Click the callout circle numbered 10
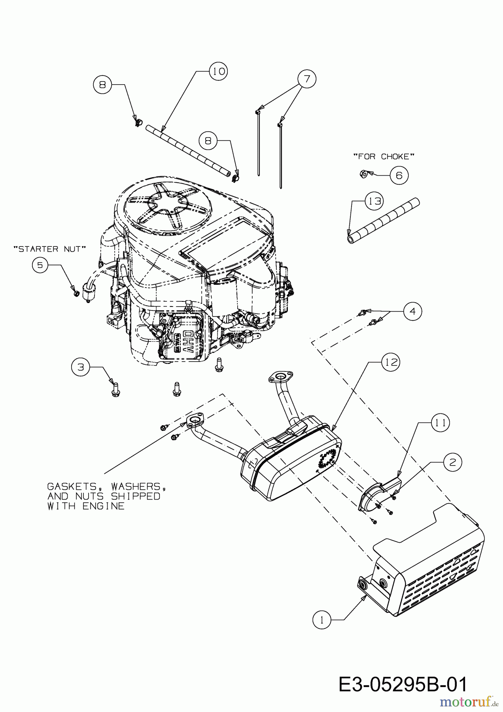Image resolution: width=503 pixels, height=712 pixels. (x=219, y=71)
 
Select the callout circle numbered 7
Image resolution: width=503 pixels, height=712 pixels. (x=307, y=78)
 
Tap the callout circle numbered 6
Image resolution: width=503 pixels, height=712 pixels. (x=399, y=175)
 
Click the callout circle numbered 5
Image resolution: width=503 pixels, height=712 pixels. (x=40, y=265)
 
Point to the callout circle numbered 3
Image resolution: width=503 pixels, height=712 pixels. (x=81, y=367)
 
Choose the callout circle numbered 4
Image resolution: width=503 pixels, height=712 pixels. (x=412, y=311)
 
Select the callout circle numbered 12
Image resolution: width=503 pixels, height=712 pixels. (x=391, y=362)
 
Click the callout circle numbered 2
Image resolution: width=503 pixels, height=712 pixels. (x=452, y=462)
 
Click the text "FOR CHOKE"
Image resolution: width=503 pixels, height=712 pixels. (x=384, y=157)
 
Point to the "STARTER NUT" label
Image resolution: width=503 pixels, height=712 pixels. (x=49, y=249)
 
